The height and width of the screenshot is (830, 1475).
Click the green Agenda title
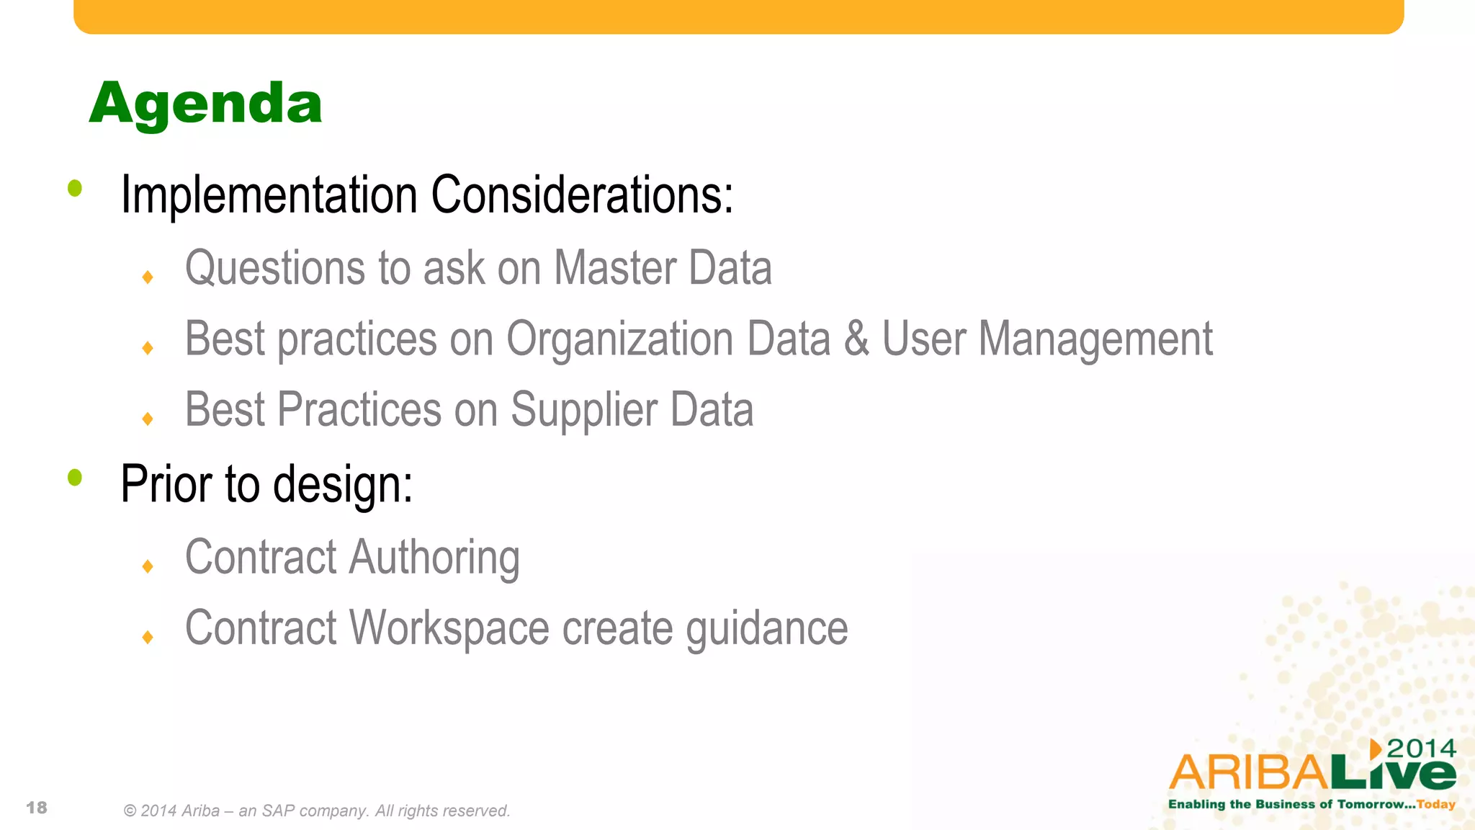pyautogui.click(x=205, y=104)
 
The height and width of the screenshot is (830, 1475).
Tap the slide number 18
pyautogui.click(x=37, y=808)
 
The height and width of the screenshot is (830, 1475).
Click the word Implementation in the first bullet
pyautogui.click(x=269, y=195)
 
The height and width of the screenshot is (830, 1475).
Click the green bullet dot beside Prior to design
pyautogui.click(x=75, y=477)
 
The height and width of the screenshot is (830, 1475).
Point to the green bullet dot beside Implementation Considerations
pyautogui.click(x=75, y=189)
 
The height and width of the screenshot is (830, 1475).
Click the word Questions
pyautogui.click(x=275, y=269)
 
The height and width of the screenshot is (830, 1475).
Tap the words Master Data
pyautogui.click(x=663, y=269)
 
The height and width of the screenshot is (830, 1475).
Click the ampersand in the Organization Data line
pyautogui.click(x=856, y=339)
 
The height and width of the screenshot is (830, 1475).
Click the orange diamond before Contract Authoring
pyautogui.click(x=148, y=566)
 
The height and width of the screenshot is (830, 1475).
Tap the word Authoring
pyautogui.click(x=434, y=558)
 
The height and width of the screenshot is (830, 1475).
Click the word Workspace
pyautogui.click(x=449, y=629)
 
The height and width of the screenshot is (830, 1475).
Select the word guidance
pyautogui.click(x=766, y=629)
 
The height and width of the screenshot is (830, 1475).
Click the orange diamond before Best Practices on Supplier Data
pyautogui.click(x=148, y=419)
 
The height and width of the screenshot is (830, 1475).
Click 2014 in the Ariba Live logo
pyautogui.click(x=1421, y=749)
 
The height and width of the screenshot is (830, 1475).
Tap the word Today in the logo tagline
pyautogui.click(x=1436, y=804)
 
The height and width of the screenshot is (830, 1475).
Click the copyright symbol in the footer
pyautogui.click(x=130, y=811)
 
